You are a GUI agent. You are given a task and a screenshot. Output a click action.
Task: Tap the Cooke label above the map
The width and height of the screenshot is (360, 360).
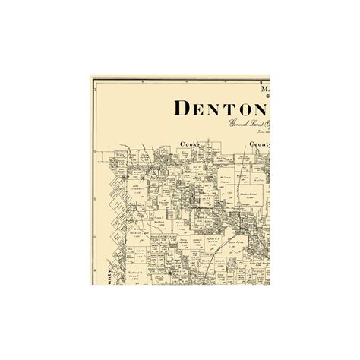[190, 143]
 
